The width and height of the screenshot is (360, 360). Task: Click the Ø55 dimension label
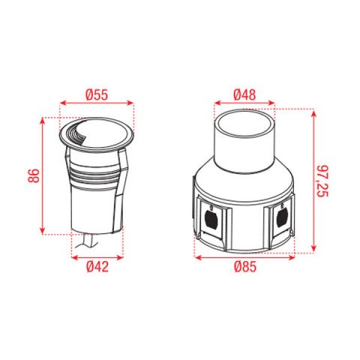pos(97,95)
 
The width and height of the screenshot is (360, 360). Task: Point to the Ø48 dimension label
pos(245,95)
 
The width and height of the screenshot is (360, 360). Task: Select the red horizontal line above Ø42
pos(96,257)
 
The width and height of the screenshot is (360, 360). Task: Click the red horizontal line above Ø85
pos(244,257)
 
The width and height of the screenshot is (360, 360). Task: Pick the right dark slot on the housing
pos(281,219)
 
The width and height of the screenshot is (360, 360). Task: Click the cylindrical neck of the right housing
pos(245,142)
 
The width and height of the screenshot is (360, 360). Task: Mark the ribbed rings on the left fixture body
pos(95,175)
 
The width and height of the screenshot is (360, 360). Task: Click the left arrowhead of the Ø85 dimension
pos(196,257)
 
